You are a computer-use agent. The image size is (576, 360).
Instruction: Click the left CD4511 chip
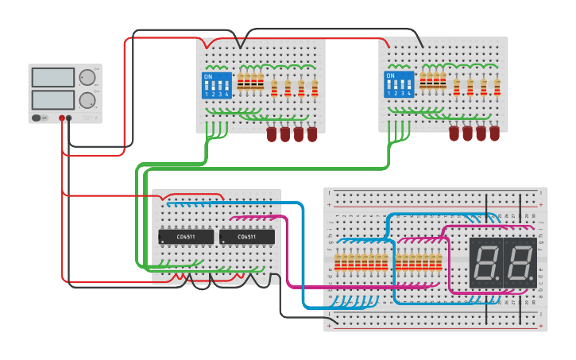click(x=186, y=236)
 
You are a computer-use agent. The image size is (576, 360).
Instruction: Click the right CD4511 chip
click(x=247, y=236)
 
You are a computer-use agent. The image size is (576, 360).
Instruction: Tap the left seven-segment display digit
click(x=485, y=262)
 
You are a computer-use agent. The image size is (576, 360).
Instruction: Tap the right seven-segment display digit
click(x=520, y=262)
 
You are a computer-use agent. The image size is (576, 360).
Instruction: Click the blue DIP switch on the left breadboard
click(x=217, y=84)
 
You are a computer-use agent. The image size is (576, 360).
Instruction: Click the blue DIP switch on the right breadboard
click(x=399, y=84)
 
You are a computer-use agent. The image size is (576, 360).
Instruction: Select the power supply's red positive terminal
click(x=61, y=118)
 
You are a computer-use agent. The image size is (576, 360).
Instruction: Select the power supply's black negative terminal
click(x=69, y=118)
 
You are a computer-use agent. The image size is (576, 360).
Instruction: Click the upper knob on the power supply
click(x=86, y=77)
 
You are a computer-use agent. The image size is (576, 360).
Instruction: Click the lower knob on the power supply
click(x=86, y=100)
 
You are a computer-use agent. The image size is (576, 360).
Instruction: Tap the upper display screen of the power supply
click(x=52, y=77)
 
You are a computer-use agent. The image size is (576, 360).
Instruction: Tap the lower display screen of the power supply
click(x=52, y=99)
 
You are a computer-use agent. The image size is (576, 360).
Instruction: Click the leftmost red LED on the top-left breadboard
click(x=272, y=134)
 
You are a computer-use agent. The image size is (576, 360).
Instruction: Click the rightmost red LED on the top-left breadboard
click(x=312, y=134)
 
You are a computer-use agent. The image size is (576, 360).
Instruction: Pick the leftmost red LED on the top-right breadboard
click(x=454, y=134)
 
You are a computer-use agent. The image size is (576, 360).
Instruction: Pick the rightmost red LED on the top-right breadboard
click(x=494, y=134)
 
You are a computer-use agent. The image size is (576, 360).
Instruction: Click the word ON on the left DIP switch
click(x=208, y=77)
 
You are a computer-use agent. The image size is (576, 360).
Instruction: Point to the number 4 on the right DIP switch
click(x=409, y=94)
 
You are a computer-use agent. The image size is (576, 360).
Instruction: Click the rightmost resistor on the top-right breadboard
click(x=497, y=87)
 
